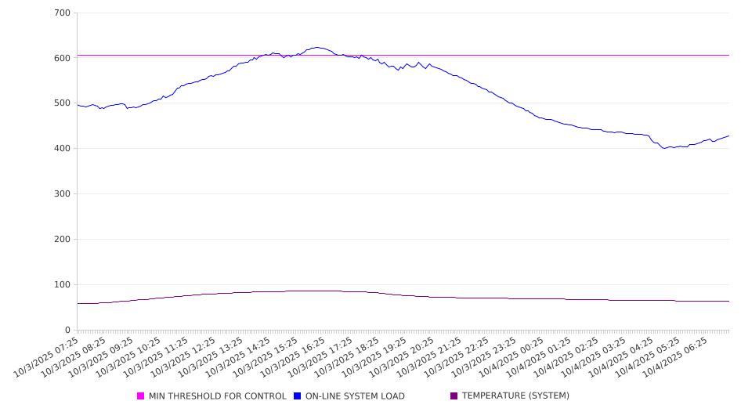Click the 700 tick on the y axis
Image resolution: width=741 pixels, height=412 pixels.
pos(62,13)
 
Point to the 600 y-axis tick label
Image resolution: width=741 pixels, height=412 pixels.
pos(62,58)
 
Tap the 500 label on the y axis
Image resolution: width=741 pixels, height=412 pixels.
pos(62,103)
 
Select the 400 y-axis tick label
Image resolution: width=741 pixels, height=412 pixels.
pos(62,149)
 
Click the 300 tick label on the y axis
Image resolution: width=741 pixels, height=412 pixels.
pos(62,194)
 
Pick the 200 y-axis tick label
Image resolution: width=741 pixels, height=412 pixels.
pos(62,240)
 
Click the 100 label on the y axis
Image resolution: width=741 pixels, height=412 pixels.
pos(62,285)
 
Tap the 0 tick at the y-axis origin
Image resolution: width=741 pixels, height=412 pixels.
pos(67,331)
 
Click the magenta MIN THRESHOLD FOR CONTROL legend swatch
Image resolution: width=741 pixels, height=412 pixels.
pos(141,396)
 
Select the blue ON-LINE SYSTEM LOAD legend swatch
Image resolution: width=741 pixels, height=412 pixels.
pos(298,396)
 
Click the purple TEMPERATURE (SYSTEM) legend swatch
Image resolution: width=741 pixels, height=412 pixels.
pos(454,396)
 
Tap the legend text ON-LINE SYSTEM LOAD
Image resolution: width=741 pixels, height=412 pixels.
pos(355,396)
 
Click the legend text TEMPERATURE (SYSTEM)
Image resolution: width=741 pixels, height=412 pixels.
pos(515,396)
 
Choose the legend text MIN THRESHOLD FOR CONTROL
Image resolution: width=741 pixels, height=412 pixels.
pos(218,396)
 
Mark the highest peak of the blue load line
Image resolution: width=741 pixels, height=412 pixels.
pos(316,47)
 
